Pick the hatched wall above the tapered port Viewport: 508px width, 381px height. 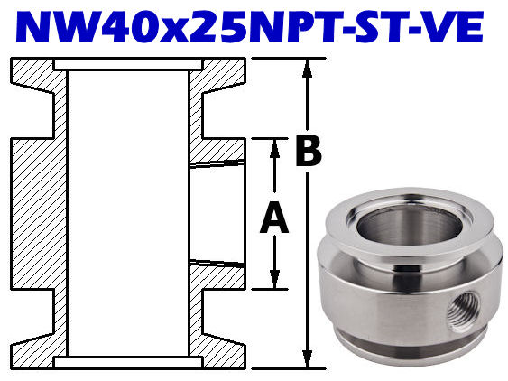click(217, 151)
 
